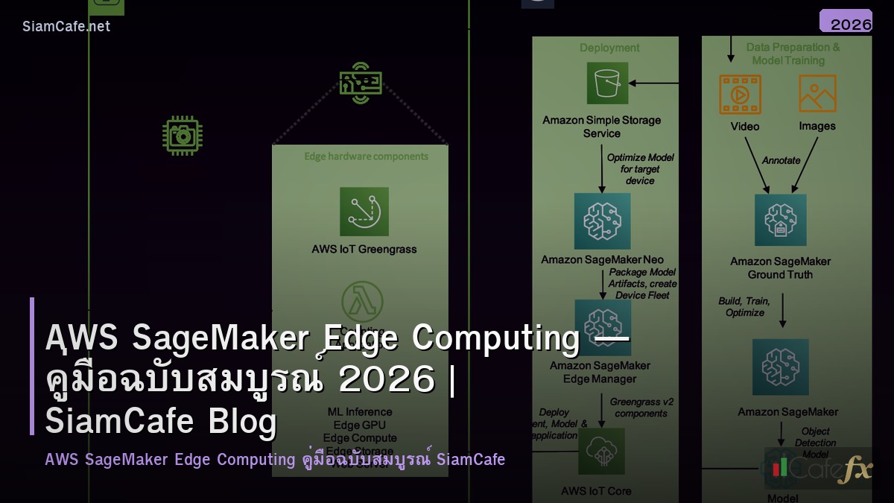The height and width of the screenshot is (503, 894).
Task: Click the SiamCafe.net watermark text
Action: pos(66,26)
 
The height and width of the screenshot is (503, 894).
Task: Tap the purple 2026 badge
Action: pos(846,22)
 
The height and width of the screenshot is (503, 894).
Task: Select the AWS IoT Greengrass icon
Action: pos(364,212)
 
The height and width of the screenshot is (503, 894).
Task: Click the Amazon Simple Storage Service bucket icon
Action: pos(607,83)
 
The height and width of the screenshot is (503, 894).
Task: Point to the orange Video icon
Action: pos(740,94)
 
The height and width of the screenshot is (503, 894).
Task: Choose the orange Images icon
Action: pos(817,94)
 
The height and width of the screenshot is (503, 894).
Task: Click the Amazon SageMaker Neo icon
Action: pos(602,221)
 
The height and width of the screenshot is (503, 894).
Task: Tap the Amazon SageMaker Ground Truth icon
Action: pos(780,221)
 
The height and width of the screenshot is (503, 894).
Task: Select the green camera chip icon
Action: pos(183,136)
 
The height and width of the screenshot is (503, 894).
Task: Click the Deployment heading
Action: pos(609,48)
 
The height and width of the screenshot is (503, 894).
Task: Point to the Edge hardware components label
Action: pos(366,156)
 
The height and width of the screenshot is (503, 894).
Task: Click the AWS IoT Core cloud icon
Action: pos(601,452)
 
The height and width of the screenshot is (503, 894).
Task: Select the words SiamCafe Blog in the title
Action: pos(161,422)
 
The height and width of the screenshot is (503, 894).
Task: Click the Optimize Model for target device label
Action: pos(640,169)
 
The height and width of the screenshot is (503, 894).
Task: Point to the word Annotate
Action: pos(781,160)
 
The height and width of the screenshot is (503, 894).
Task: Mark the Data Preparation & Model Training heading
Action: pos(792,54)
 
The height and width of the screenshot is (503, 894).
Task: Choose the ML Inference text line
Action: pos(360,411)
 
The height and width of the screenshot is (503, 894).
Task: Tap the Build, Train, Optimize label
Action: pos(745,306)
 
